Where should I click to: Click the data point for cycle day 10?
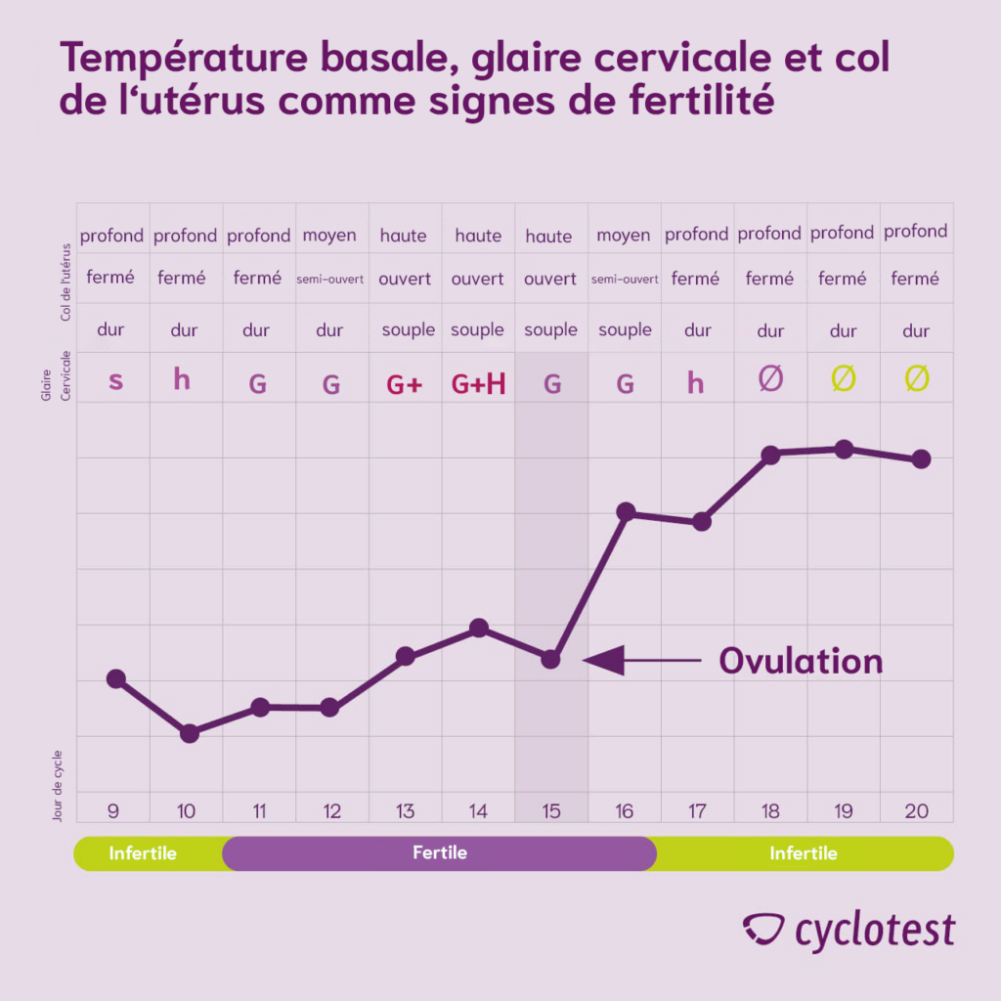tap(190, 733)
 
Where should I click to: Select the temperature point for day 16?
tap(626, 511)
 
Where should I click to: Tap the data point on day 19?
tap(844, 449)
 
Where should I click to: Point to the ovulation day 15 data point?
tap(551, 659)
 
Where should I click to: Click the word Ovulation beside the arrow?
tap(801, 662)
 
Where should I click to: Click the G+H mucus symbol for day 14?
tap(478, 384)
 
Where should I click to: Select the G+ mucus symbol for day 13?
tap(404, 384)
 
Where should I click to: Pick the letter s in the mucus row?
tap(115, 380)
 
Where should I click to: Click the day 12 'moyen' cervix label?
tap(329, 236)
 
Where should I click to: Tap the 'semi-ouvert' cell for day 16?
tap(624, 280)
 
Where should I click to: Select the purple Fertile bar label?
tap(440, 852)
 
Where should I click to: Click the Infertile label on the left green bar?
tap(143, 852)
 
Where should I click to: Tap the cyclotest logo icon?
tap(763, 929)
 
